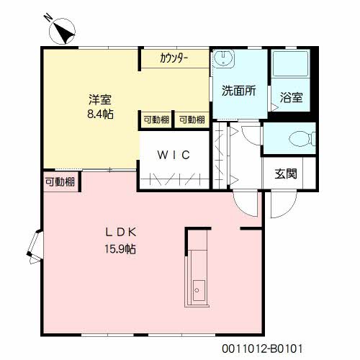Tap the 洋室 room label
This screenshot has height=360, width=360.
click(x=100, y=99)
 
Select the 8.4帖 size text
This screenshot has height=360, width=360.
click(x=100, y=114)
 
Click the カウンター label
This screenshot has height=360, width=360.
click(x=174, y=58)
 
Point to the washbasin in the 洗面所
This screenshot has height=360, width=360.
click(x=224, y=59)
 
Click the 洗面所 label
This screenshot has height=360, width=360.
click(x=239, y=91)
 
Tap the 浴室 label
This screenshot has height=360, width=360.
click(x=291, y=97)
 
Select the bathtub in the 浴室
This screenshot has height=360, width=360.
click(x=291, y=64)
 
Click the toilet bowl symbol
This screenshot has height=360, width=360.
click(x=302, y=139)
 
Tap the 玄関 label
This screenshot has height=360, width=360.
click(x=286, y=174)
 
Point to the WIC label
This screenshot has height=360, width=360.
click(x=174, y=155)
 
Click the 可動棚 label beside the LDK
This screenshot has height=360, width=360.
click(x=60, y=182)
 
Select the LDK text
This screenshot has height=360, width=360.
click(x=121, y=232)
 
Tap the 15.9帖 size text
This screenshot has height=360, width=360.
click(x=120, y=249)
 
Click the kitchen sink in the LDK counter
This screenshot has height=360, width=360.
click(x=199, y=290)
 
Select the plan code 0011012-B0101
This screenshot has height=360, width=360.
click(x=262, y=348)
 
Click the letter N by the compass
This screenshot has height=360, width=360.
click(x=48, y=17)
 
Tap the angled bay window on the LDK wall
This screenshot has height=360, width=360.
click(x=35, y=247)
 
